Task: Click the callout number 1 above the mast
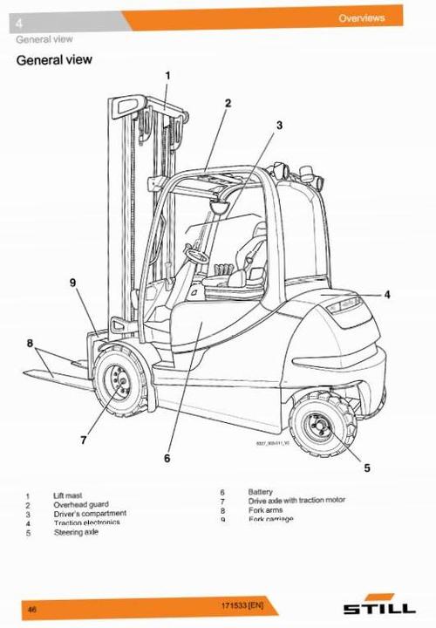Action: point(167,76)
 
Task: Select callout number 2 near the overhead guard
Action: point(228,103)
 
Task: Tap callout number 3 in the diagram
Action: point(279,125)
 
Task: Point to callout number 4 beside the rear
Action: point(387,294)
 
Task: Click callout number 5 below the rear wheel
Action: point(366,468)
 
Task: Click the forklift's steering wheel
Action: point(195,256)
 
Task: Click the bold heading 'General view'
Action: point(55,60)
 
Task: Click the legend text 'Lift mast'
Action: point(68,495)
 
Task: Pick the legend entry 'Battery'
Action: point(261,492)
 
